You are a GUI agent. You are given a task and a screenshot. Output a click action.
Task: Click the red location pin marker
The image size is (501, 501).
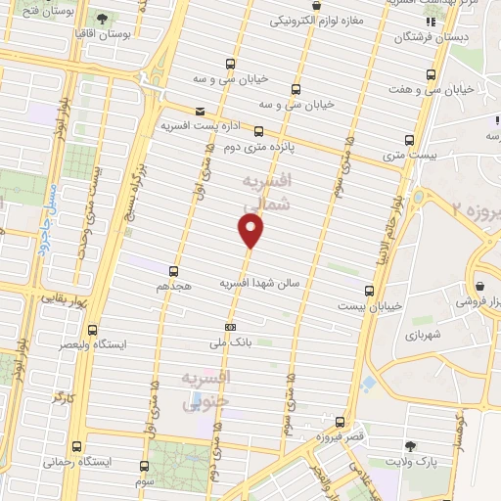251,231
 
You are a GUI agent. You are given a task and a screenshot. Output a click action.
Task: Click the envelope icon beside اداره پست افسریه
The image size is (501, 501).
201,112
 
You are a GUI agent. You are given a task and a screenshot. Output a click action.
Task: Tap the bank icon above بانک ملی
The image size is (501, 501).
230,327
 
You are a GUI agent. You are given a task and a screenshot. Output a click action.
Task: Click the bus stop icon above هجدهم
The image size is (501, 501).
174,271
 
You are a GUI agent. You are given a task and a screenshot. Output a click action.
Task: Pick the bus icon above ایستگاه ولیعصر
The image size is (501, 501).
93,330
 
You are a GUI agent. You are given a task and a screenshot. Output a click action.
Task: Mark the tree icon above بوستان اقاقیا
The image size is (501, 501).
103,18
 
